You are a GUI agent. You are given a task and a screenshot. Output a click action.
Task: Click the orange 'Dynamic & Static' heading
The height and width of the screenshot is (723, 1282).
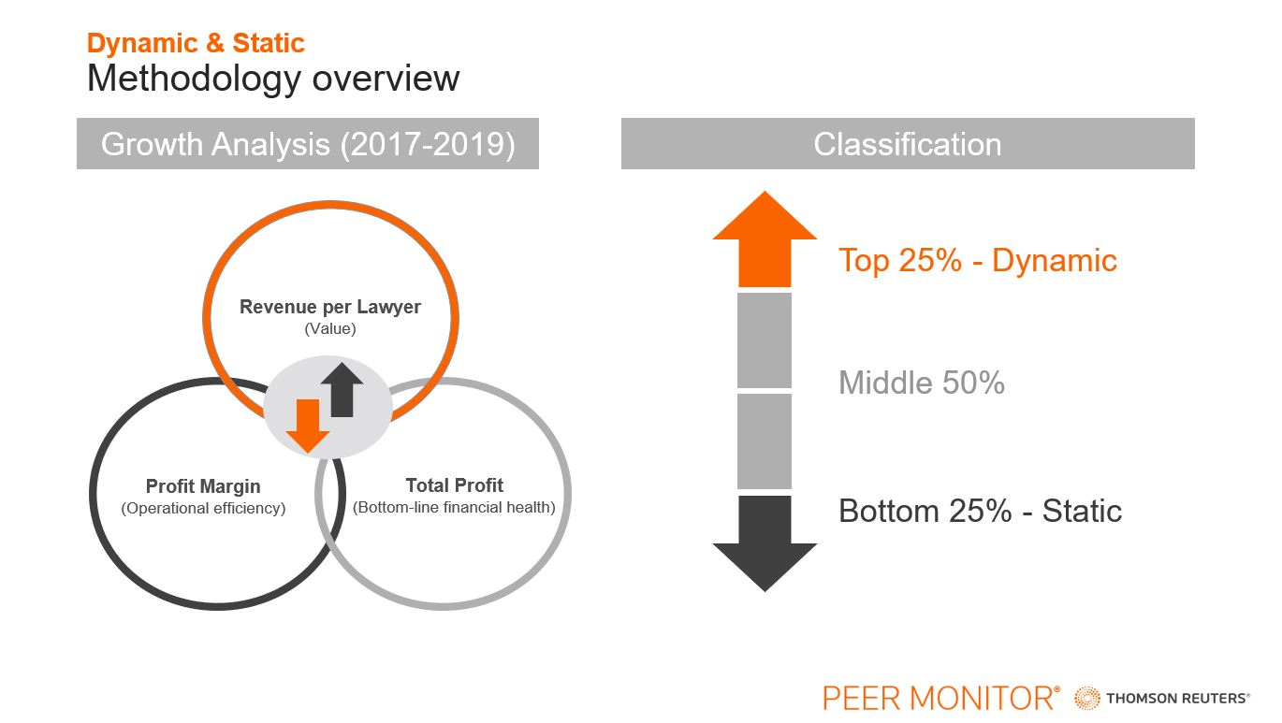coord(196,43)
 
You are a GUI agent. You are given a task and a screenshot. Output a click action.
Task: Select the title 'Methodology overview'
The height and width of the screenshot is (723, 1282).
coord(273,79)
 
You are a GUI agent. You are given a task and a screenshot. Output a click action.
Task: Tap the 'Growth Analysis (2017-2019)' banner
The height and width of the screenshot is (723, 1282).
coord(308,143)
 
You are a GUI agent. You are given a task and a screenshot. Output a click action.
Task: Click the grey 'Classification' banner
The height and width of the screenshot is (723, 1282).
coord(908,143)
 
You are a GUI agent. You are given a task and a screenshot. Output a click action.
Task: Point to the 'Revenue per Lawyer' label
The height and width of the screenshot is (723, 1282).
coord(330,307)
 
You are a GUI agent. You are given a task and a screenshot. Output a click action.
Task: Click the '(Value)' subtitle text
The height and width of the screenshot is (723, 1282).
coord(330,328)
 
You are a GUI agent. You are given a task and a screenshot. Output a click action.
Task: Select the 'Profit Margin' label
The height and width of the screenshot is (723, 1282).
coord(203,486)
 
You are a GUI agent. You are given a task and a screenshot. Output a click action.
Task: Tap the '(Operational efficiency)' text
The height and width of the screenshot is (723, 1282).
coord(203,508)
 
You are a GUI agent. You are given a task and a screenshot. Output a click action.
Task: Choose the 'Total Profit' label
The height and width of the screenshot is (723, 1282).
coord(455,485)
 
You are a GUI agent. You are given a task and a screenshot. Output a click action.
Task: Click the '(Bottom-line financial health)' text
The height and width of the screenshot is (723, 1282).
coord(455,507)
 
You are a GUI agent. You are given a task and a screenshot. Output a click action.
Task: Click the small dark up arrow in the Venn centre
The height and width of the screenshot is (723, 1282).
coord(342,389)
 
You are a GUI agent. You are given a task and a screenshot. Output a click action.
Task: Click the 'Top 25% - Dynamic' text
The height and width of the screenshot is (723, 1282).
coord(978,260)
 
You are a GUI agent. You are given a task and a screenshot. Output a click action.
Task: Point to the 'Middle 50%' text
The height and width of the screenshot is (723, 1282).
coord(922,383)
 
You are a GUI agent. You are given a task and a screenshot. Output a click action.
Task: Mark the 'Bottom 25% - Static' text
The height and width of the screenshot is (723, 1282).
coord(980,511)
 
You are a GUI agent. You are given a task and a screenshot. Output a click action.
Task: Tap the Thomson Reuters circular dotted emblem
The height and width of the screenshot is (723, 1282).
coord(1086,699)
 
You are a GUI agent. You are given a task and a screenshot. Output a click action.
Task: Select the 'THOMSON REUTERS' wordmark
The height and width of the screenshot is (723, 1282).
coord(1178,699)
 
